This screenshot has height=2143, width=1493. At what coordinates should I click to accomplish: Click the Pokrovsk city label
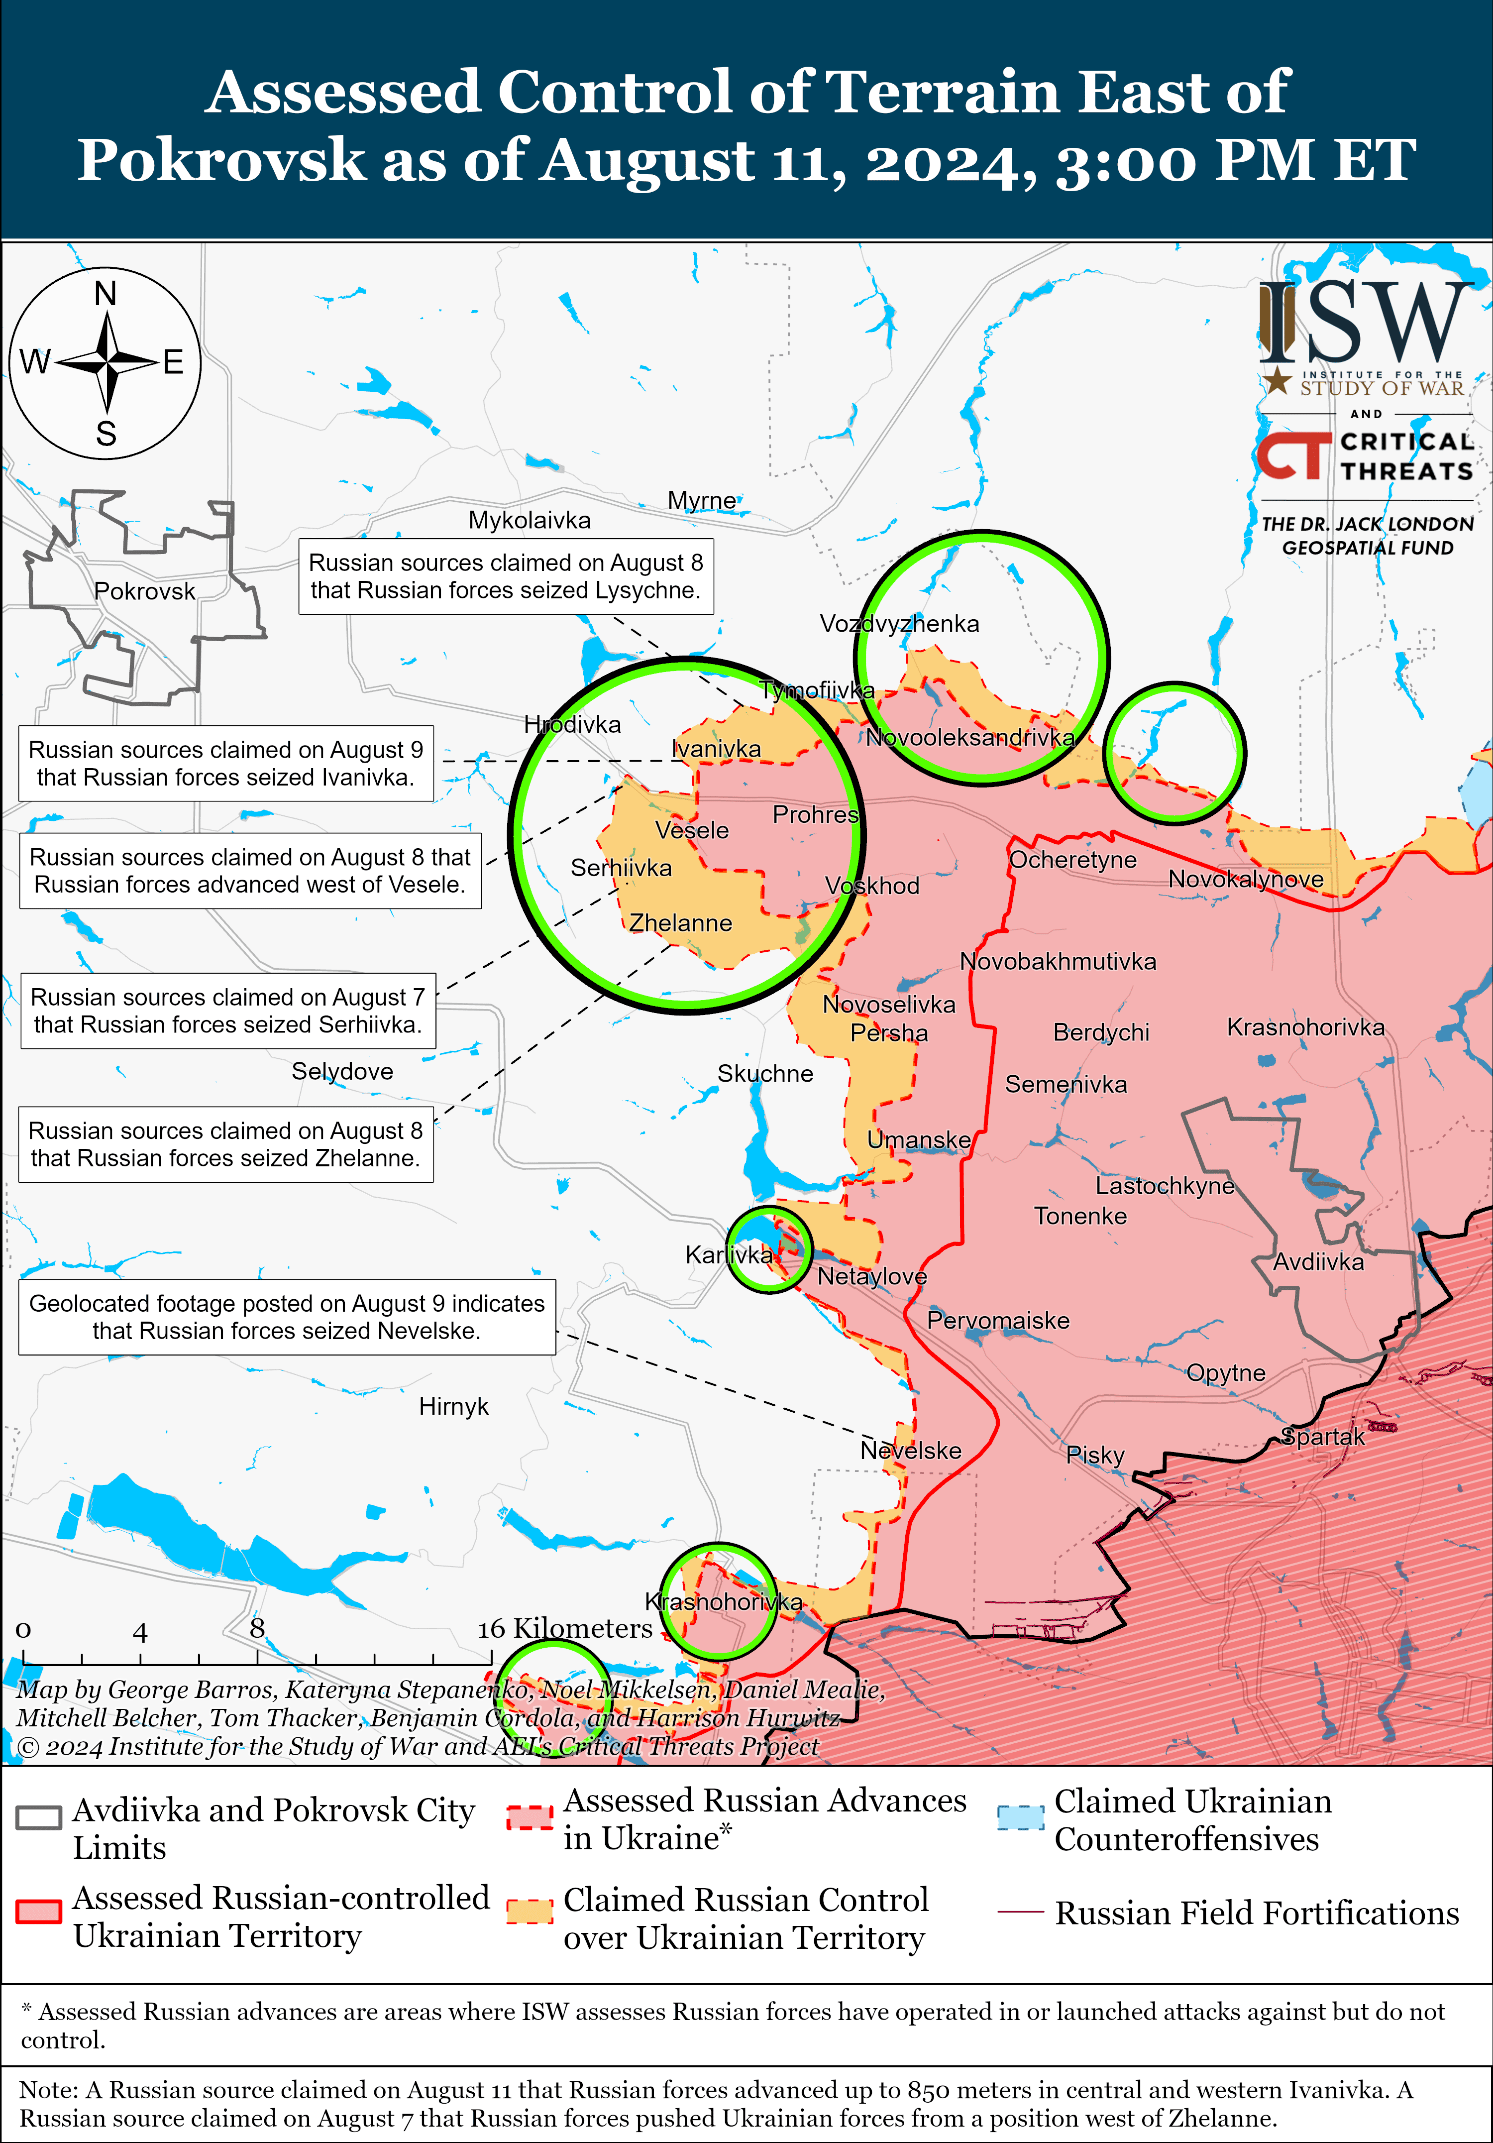click(145, 592)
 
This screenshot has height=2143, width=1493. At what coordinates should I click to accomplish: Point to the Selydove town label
click(342, 1071)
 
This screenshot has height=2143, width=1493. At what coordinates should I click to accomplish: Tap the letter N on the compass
click(106, 294)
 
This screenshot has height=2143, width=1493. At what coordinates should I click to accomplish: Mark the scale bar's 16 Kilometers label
click(564, 1629)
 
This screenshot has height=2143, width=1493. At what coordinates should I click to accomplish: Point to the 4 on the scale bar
click(140, 1632)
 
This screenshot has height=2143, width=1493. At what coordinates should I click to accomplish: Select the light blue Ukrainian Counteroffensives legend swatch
click(1020, 1818)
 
